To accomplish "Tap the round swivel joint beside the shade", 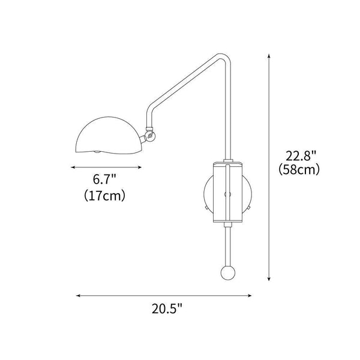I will point(149,136).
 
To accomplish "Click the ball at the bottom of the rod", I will point(228,274).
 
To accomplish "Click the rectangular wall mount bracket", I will point(228,191).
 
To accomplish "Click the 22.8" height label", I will point(298,155).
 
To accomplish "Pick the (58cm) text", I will point(299,170).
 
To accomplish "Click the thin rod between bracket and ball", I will point(228,243).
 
